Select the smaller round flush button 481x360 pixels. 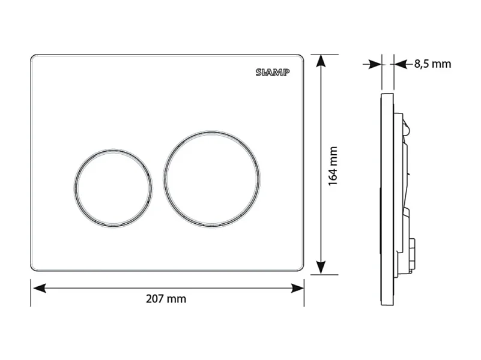click(x=113, y=188)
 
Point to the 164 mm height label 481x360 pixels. click(x=334, y=166)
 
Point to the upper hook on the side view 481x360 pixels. click(x=407, y=126)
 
